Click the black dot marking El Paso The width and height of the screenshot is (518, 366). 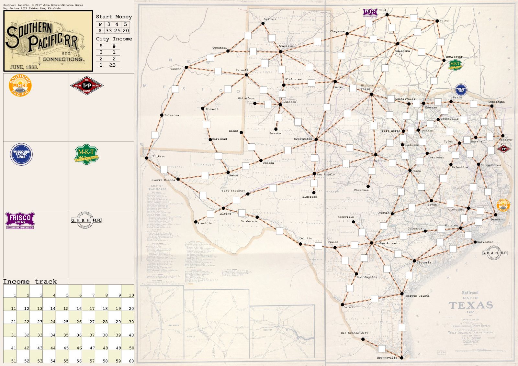(x=146, y=158)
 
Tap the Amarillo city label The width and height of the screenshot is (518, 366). (x=286, y=46)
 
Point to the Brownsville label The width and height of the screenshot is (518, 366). (x=387, y=358)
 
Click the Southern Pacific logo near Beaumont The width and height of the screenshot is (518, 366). (x=503, y=205)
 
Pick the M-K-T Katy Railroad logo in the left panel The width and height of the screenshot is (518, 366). (x=86, y=155)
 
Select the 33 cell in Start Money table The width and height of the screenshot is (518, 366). (x=108, y=30)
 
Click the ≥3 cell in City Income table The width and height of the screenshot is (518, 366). (x=114, y=65)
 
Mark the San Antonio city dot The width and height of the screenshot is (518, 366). (x=372, y=243)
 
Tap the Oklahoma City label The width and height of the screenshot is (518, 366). (x=402, y=52)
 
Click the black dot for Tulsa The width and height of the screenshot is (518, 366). (x=437, y=21)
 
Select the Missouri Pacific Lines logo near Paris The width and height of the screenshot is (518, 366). (x=461, y=90)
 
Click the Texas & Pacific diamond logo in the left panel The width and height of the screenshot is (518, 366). (x=86, y=86)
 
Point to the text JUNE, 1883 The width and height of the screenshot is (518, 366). (x=24, y=67)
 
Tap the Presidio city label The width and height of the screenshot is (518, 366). (x=205, y=223)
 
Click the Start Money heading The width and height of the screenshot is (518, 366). (x=114, y=17)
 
